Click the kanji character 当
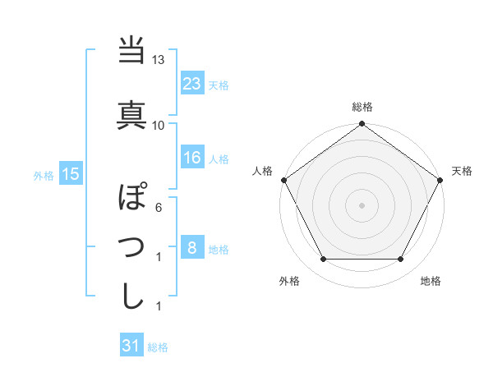click(132, 52)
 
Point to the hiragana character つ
click(132, 246)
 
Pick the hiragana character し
click(132, 296)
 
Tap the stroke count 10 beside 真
click(159, 125)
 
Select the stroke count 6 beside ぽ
click(159, 208)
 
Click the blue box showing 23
click(192, 83)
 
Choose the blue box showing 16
click(192, 158)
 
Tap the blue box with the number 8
click(191, 247)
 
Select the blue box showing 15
click(70, 173)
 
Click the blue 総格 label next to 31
click(158, 347)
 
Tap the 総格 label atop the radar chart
click(362, 107)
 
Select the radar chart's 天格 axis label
click(463, 171)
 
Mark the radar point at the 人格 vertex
click(283, 180)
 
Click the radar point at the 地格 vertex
click(401, 260)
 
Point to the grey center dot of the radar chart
click(362, 204)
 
